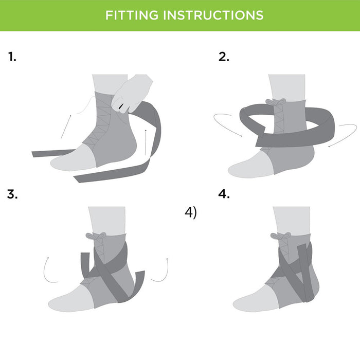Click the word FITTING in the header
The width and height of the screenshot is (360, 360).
132,15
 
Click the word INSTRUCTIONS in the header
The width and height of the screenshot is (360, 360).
213,15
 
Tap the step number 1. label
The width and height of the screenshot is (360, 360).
12,57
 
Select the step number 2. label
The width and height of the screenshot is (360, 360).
224,57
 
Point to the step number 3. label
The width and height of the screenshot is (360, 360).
12,194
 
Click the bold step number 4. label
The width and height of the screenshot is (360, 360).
224,194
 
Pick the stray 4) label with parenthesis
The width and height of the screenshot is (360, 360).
191,213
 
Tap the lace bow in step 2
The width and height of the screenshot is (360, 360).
276,102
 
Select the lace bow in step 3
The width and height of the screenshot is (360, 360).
96,236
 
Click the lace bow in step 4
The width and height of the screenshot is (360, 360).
281,236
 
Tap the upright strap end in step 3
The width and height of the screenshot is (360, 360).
85,263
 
